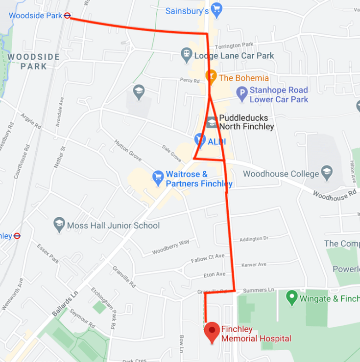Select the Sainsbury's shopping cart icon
coord(216,10)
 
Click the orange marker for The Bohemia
coord(211,77)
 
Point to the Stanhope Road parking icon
coord(241,94)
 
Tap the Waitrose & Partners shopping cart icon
coord(158,178)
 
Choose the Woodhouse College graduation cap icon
coord(327,173)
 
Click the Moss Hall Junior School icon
coord(59,225)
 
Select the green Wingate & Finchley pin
coord(292,297)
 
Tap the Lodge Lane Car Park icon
coord(187,55)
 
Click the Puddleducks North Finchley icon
coord(212,122)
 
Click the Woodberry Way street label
coord(170,246)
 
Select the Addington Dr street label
coord(254,239)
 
